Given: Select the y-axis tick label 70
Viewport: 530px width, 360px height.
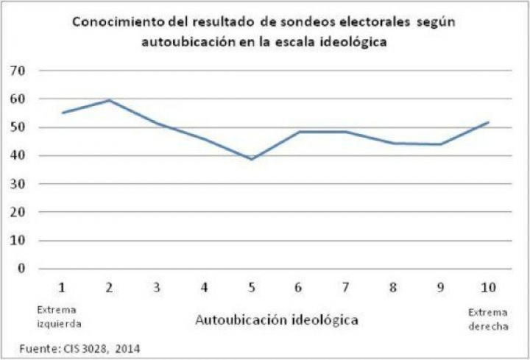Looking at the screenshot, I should (x=17, y=71).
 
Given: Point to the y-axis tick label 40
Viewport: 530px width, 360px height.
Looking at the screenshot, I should (x=17, y=155).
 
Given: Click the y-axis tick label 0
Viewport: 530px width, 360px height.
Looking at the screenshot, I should (x=21, y=269).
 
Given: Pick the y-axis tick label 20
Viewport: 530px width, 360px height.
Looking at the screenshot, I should (x=17, y=212).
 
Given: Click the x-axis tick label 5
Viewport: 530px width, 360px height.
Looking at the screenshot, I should (x=251, y=286).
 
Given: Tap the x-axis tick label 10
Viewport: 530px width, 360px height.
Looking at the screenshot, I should (x=487, y=286).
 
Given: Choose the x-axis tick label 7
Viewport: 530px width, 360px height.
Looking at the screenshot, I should (x=345, y=286).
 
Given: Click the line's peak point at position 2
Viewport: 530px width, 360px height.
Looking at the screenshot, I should (x=110, y=100).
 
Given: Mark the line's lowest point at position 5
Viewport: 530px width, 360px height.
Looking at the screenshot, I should (x=251, y=159).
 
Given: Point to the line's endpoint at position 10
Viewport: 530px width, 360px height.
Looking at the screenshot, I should (x=488, y=122).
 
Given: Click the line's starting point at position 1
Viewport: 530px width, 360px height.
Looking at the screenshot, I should (x=63, y=113).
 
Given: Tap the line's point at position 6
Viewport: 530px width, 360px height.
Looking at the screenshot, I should (x=298, y=132).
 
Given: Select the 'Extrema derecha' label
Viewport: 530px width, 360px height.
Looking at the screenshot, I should (x=487, y=318).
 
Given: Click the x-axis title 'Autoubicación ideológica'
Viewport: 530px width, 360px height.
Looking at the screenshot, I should (x=277, y=320).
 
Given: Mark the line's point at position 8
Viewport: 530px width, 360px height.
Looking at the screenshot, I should (x=393, y=143).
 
